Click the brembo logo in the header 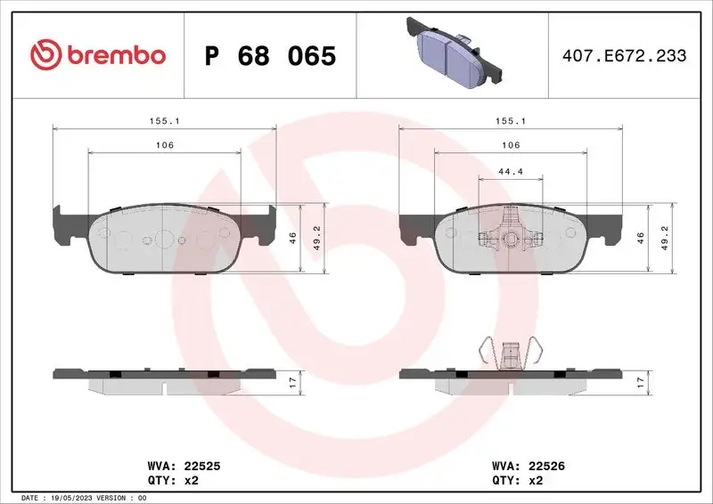point(98,55)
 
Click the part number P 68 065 point(270,56)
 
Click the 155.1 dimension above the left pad point(165,120)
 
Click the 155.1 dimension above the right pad point(510,120)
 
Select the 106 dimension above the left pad point(165,145)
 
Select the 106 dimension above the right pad point(510,145)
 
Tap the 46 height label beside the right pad point(639,238)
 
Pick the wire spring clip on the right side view point(510,354)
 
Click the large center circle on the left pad point(165,239)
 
